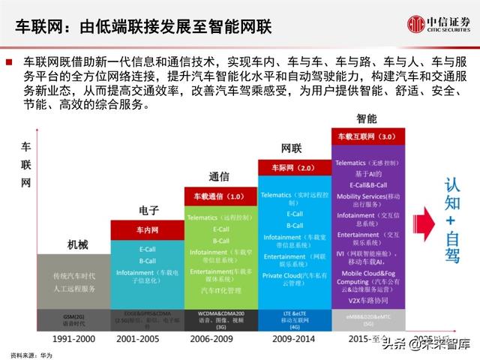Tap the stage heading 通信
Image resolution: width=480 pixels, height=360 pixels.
coord(219,177)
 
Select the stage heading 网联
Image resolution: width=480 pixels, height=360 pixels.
coord(292,148)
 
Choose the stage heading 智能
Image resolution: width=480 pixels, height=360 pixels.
coord(367,119)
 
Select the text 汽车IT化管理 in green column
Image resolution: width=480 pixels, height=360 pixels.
coord(220,289)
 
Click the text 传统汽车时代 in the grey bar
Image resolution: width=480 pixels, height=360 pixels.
coord(73,275)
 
